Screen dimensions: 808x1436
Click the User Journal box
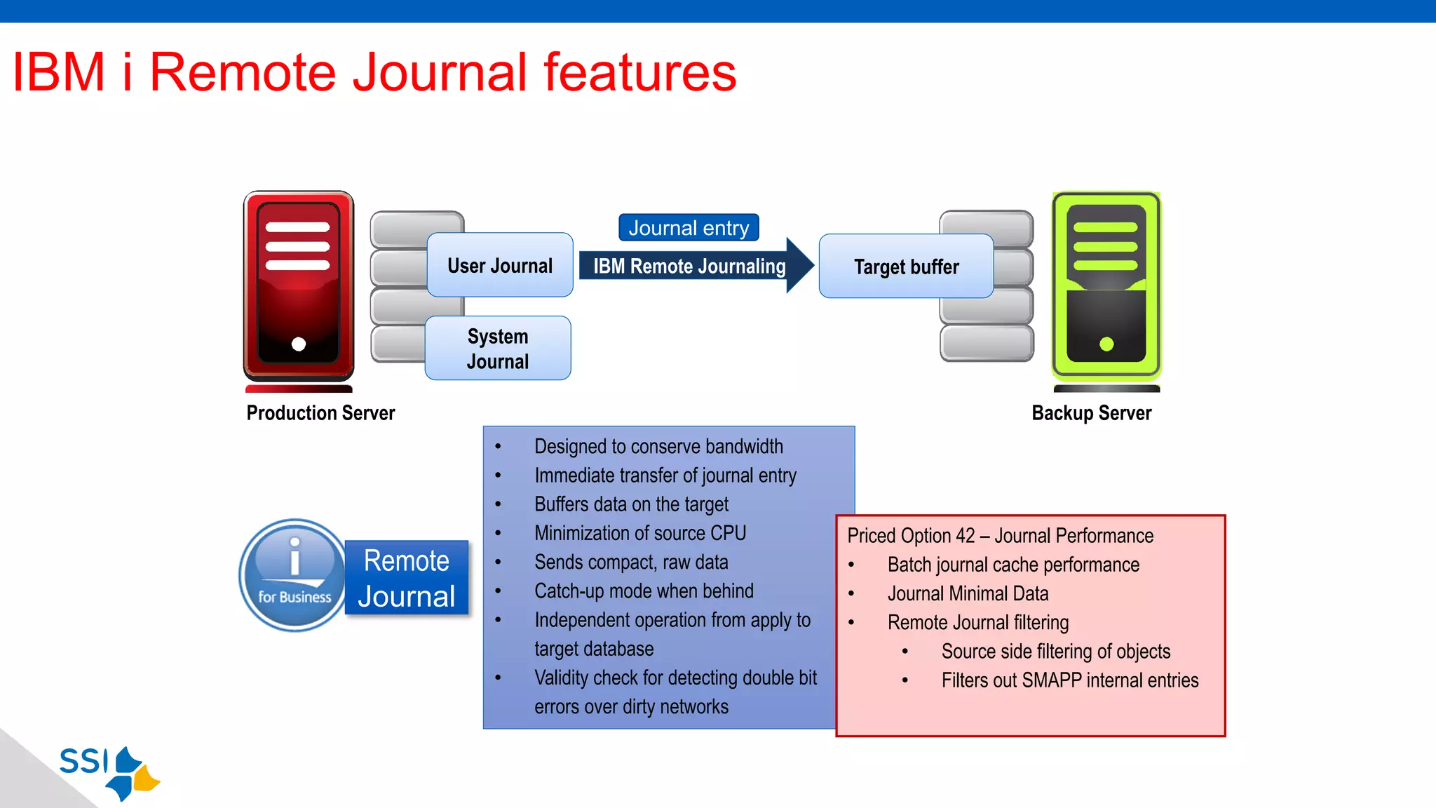point(499,265)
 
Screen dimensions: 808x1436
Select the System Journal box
point(498,349)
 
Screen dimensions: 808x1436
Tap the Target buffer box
point(906,267)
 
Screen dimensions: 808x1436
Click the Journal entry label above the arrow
point(689,228)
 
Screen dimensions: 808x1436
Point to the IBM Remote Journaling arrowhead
point(799,265)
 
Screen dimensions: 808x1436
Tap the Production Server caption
point(320,413)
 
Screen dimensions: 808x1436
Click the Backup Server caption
point(1091,413)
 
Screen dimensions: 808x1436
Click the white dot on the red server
point(299,344)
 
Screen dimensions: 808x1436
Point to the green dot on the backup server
point(1106,344)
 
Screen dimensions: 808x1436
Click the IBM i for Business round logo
point(294,575)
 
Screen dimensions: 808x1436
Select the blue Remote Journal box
point(407,578)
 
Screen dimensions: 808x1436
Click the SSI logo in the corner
point(109,772)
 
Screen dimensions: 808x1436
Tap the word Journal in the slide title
point(439,72)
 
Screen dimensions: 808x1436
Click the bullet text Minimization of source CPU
point(639,533)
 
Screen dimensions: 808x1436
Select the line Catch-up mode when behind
point(644,591)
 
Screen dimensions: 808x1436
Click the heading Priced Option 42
point(911,536)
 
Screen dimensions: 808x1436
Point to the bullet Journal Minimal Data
point(968,593)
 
